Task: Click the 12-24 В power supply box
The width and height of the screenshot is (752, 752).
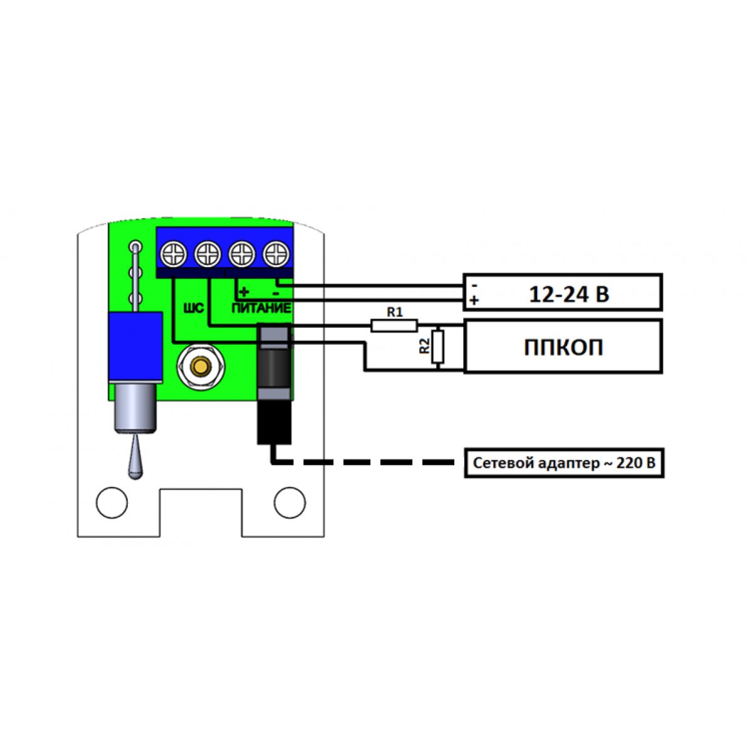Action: pos(562,292)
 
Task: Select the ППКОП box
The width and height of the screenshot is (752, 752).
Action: pos(562,346)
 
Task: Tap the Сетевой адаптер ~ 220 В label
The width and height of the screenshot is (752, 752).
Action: pos(563,463)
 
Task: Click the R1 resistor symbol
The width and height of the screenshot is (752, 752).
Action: pos(394,325)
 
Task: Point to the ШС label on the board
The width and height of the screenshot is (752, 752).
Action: pos(192,309)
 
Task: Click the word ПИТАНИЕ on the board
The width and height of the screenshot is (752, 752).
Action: pos(261,308)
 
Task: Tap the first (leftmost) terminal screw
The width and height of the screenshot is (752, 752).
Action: pos(174,254)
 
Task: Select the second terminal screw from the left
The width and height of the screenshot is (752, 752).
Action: pos(207,254)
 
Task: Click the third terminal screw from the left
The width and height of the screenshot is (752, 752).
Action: pos(241,254)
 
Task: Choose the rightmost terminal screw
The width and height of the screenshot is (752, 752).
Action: pos(275,254)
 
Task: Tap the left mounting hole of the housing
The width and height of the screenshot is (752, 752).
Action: pos(112,503)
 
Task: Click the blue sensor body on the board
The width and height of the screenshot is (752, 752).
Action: pos(135,348)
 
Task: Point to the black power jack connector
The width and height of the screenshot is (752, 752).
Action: pos(274,382)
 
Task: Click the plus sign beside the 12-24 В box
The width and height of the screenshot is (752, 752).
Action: pos(474,300)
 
